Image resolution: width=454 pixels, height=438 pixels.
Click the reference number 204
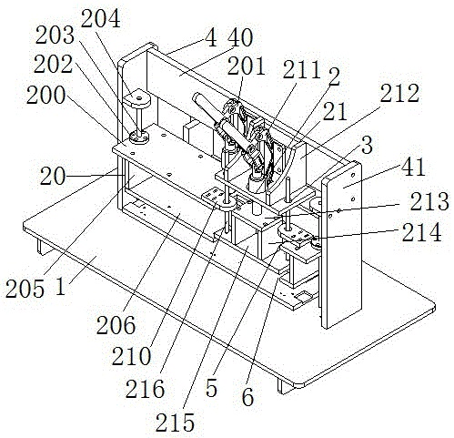coord(101,18)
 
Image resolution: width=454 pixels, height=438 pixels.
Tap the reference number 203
coord(55,36)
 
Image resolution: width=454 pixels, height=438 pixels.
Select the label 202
coord(54,65)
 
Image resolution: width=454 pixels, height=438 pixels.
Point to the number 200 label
coord(45,95)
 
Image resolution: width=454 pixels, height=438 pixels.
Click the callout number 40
coord(240,37)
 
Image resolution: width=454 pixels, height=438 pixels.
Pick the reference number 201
coord(247,66)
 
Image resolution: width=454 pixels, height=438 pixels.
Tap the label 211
coord(301,70)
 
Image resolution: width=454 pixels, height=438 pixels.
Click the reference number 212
coord(400,93)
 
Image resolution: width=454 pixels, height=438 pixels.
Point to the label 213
coord(429,201)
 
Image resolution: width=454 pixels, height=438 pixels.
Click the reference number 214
coord(422,232)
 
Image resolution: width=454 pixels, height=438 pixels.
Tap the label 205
coord(25,289)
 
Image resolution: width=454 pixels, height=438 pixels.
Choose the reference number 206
coord(116,325)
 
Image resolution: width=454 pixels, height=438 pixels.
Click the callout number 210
coord(131,356)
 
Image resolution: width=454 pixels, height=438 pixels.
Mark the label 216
coord(146,389)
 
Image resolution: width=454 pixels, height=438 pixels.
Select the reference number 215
coord(175,423)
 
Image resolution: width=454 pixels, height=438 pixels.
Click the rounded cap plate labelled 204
coord(136,99)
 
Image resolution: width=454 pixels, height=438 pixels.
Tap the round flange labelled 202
coord(139,138)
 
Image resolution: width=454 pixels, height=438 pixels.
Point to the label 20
coord(53,177)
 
